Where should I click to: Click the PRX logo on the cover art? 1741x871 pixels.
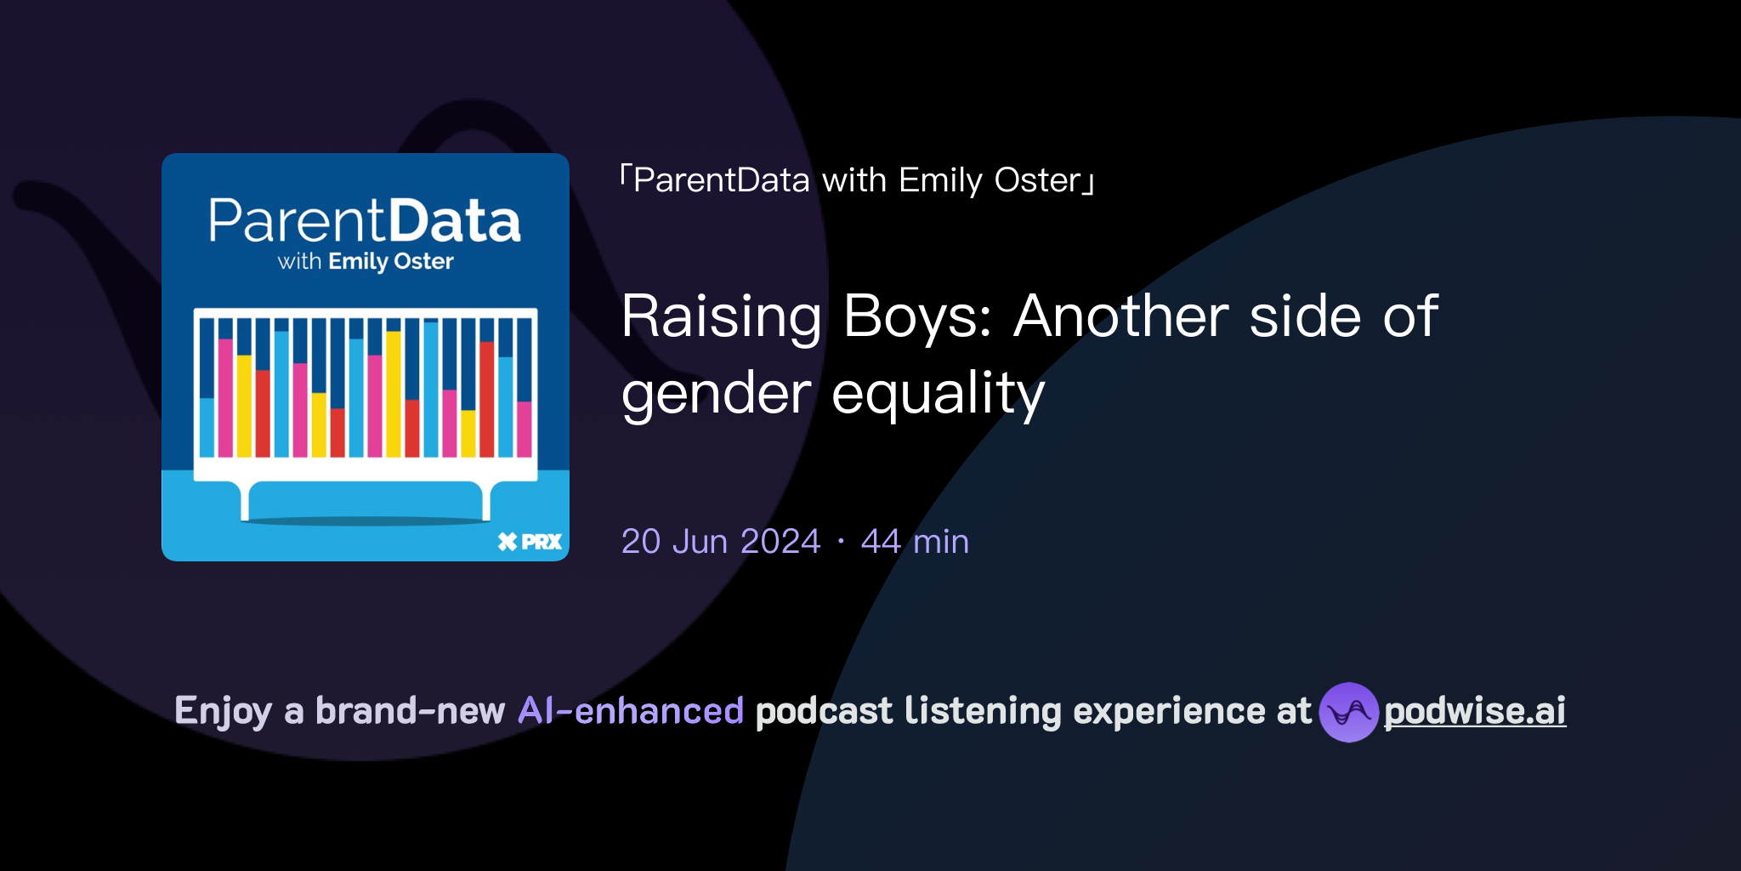(530, 542)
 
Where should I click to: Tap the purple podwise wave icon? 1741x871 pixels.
(1348, 712)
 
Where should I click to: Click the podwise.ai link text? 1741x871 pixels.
(1475, 711)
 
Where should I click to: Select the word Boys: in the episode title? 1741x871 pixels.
(917, 316)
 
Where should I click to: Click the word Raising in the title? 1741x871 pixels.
(721, 316)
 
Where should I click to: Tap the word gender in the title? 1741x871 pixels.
(716, 394)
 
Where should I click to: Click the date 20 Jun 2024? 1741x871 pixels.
(721, 541)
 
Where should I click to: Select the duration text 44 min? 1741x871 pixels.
(915, 541)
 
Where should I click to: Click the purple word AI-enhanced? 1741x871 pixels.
(631, 711)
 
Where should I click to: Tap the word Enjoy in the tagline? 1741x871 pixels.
(223, 711)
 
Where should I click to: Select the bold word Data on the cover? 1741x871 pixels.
(456, 221)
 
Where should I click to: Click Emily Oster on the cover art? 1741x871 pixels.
(391, 261)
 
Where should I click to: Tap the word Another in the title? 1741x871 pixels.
(1121, 316)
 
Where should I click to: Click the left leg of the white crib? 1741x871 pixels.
(245, 501)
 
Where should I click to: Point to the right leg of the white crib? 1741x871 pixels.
(486, 501)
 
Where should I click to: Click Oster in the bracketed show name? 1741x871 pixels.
(1037, 180)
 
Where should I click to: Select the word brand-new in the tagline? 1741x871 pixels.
(410, 711)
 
